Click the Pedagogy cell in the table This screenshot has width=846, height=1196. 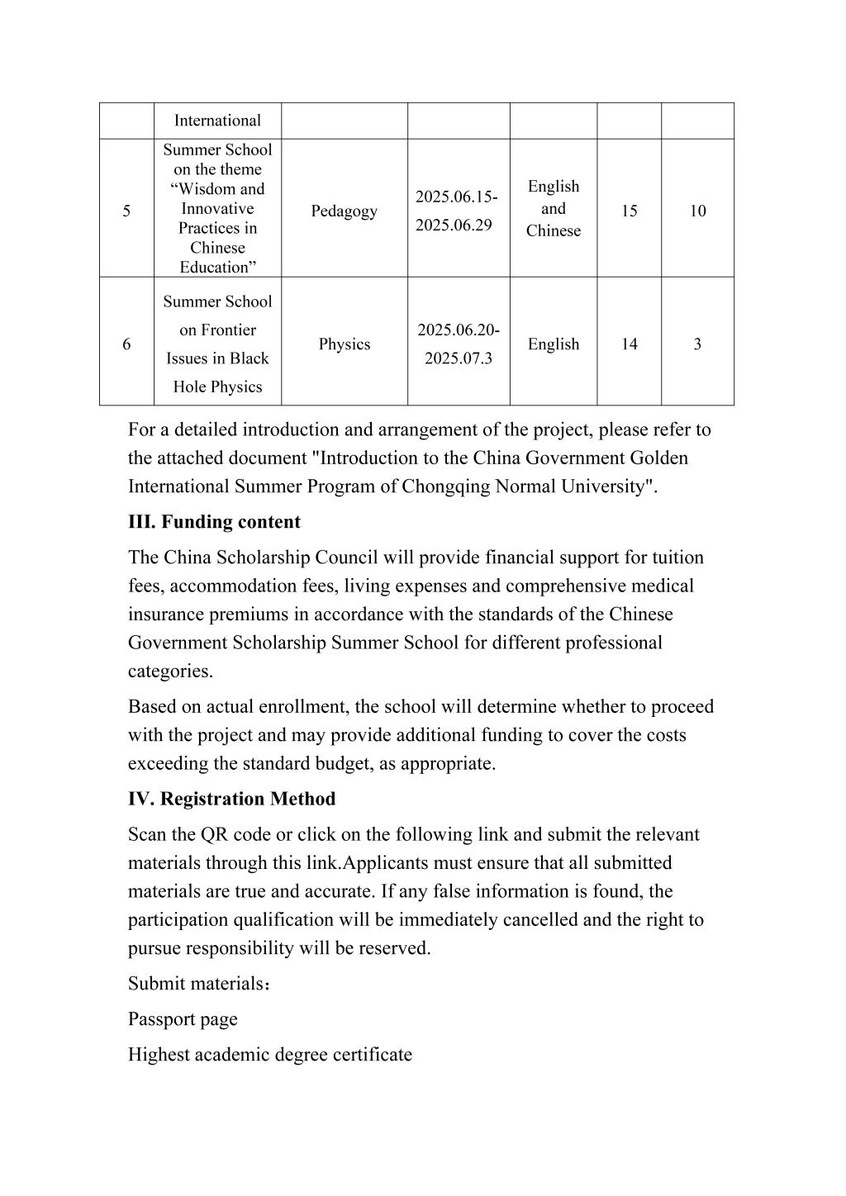344,211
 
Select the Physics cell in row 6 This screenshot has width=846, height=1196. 344,344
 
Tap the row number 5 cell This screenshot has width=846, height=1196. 126,211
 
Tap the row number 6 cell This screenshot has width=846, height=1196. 126,344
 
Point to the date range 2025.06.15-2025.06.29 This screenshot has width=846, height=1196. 458,211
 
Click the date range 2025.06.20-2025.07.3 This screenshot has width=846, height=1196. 458,344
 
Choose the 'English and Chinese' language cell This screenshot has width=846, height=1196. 553,209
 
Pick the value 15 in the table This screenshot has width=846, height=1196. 629,211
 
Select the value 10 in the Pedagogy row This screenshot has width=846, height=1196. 697,211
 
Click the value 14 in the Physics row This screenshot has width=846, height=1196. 629,344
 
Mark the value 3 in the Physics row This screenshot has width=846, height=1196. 697,344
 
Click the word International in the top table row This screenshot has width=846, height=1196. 217,121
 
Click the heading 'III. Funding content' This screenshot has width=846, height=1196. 214,522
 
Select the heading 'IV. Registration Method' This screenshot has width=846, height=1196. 231,799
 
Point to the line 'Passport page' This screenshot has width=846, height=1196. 183,1019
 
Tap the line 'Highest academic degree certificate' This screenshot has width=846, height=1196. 269,1055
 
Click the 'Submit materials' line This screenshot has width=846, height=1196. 199,984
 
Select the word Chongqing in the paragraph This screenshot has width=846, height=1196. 445,486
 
